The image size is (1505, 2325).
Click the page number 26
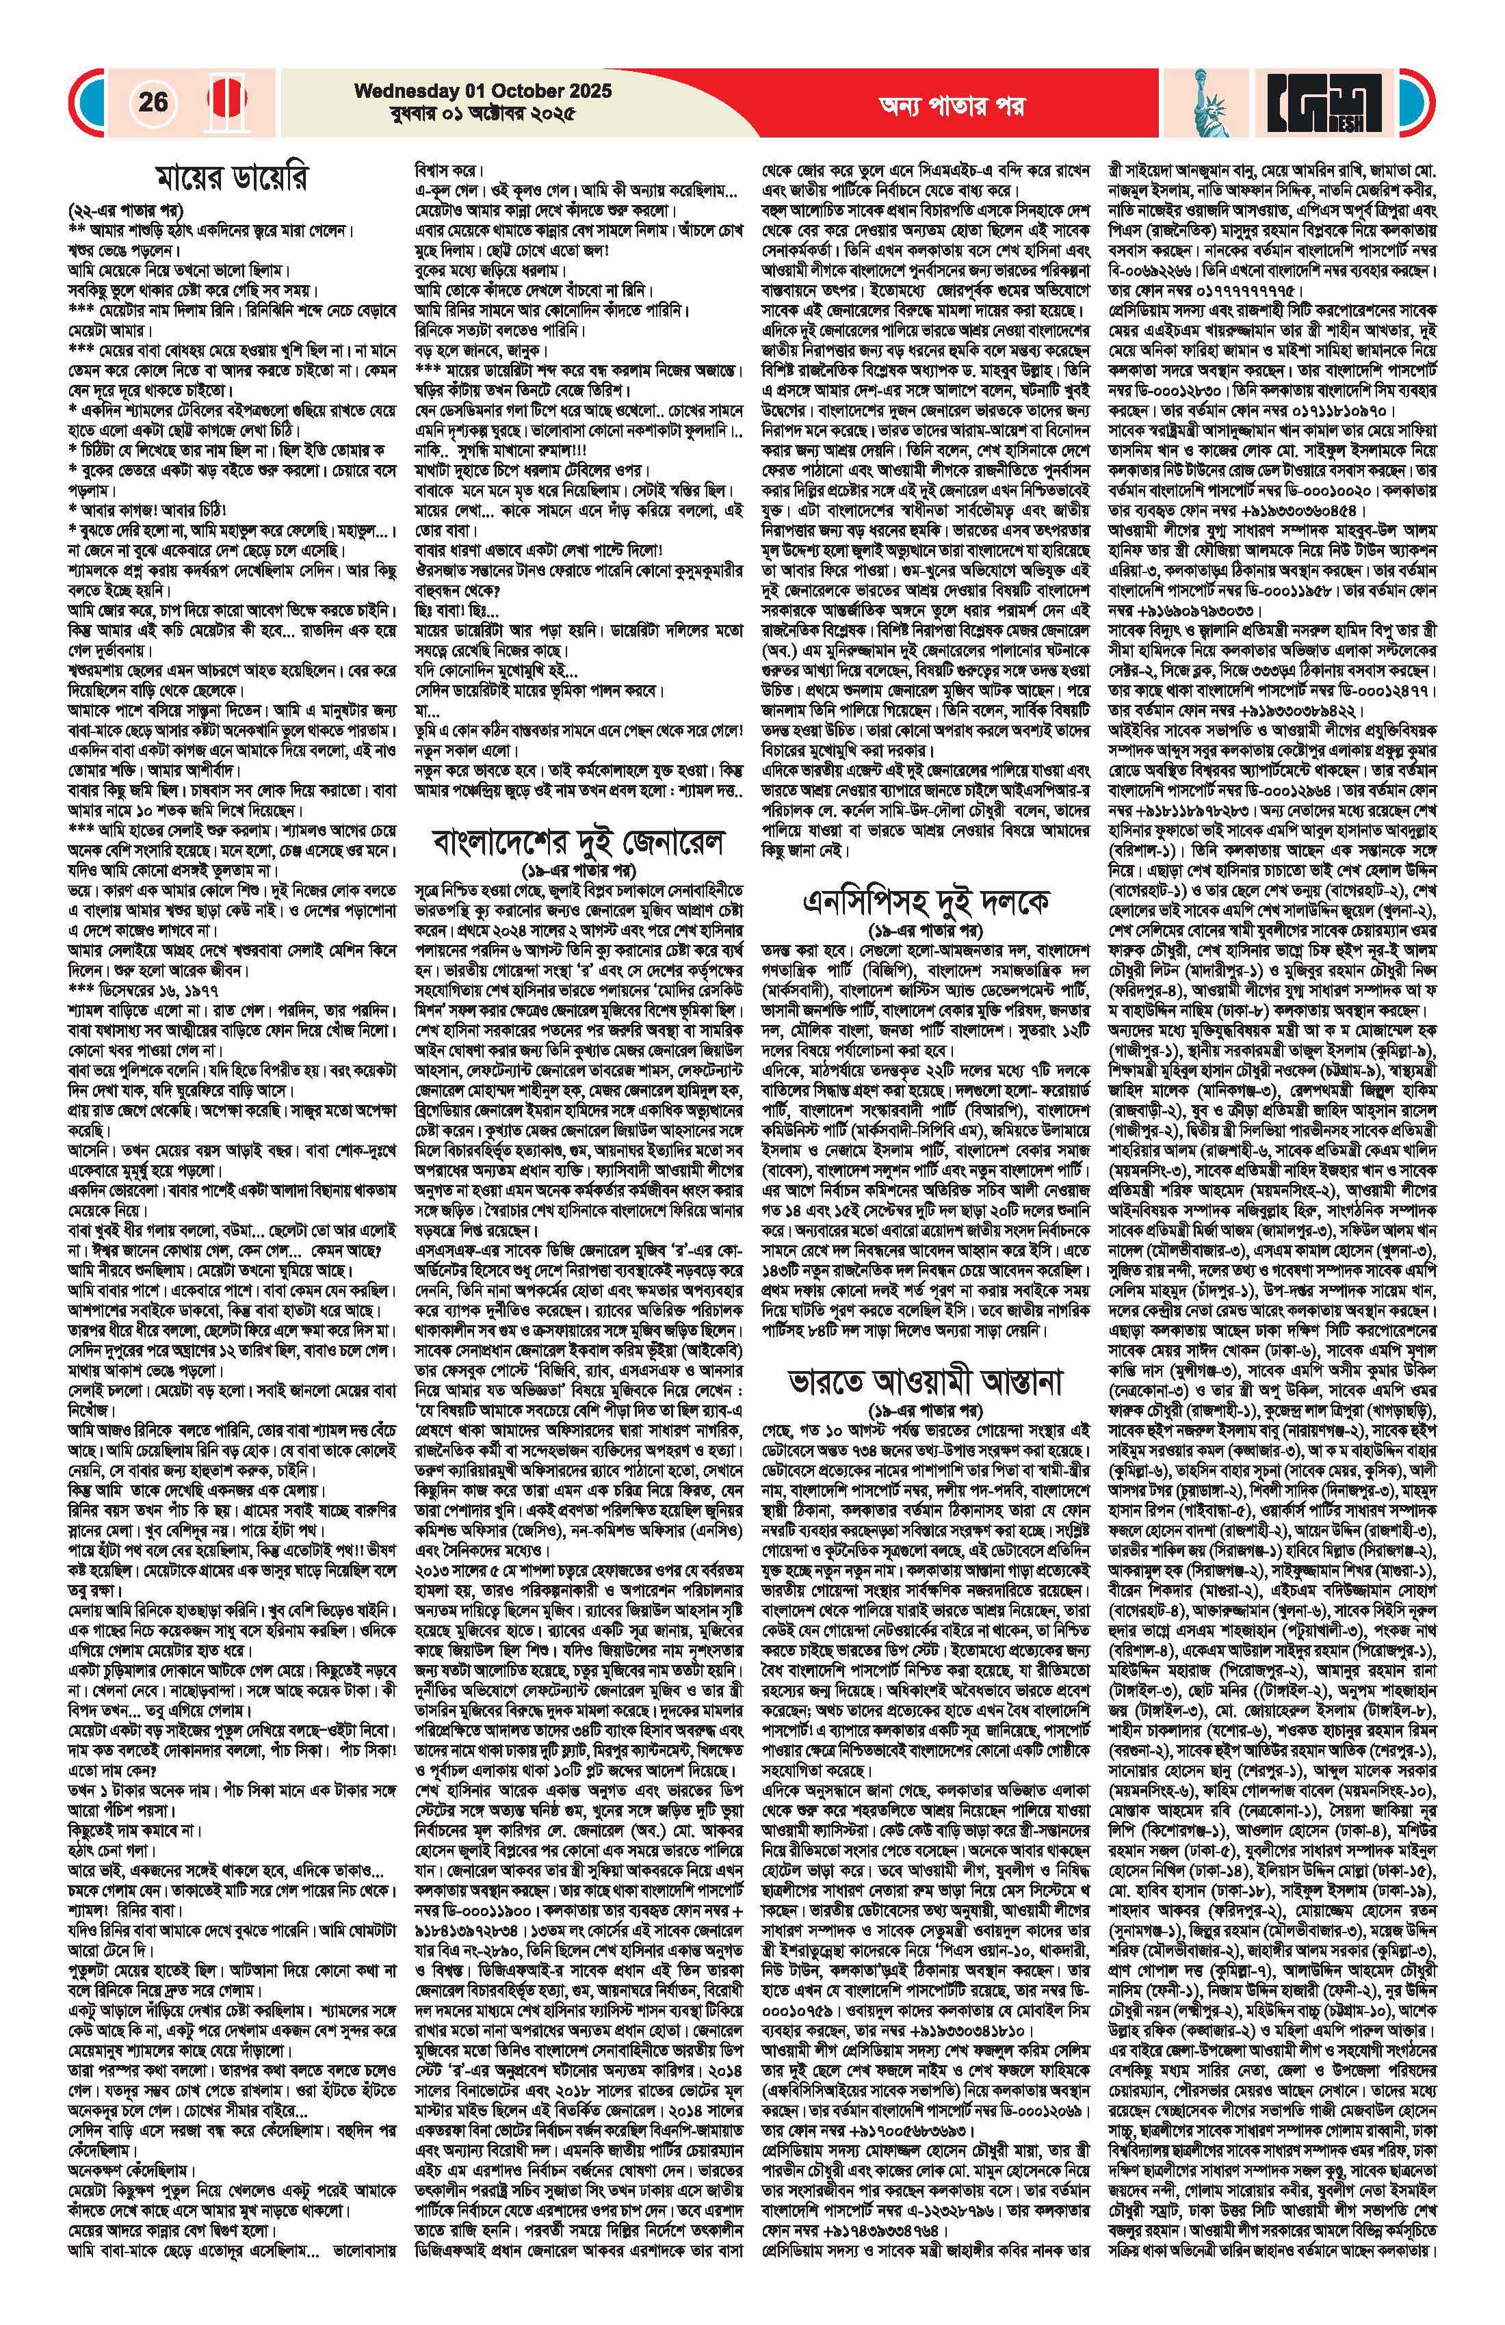point(153,102)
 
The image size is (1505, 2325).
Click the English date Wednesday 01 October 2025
point(483,91)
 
